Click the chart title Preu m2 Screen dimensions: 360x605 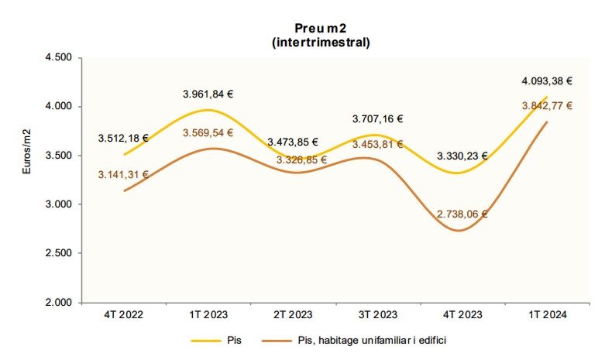321,29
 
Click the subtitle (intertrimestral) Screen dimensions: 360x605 321,43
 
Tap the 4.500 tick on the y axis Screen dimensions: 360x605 57,58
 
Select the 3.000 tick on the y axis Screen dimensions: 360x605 57,204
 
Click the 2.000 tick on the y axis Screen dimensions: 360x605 57,302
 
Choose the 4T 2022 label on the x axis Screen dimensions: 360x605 123,315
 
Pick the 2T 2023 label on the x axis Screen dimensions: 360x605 292,315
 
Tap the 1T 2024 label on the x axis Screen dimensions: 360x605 547,315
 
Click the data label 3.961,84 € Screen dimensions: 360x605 208,94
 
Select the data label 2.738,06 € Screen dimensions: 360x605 462,213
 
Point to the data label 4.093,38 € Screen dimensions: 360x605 547,80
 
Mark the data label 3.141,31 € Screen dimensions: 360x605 123,175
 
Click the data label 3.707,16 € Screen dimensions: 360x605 377,119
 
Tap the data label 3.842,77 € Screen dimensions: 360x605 547,105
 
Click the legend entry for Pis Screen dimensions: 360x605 222,340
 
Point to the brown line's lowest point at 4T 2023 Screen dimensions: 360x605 460,231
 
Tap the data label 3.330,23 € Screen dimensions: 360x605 462,156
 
